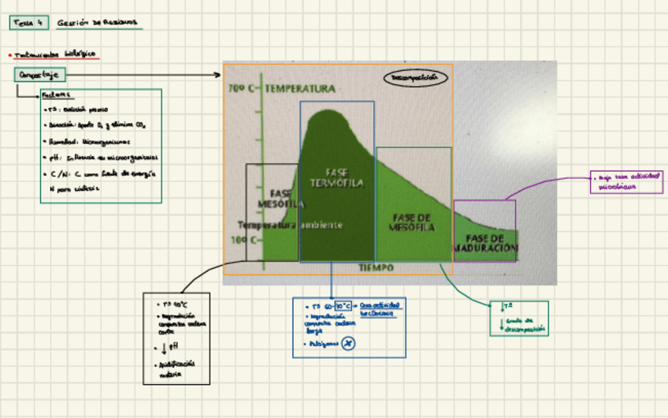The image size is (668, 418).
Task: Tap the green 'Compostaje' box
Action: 39,75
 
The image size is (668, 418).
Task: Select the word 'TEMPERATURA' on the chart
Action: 299,89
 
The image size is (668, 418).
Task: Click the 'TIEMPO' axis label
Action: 376,268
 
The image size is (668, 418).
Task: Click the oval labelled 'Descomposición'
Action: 415,77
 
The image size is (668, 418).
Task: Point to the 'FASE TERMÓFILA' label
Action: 336,178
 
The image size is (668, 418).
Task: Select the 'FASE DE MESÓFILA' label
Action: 412,222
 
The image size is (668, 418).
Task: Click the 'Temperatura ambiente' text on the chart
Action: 291,225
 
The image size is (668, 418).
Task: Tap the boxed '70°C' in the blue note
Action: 343,305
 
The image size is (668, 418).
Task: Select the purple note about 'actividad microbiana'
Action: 627,183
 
